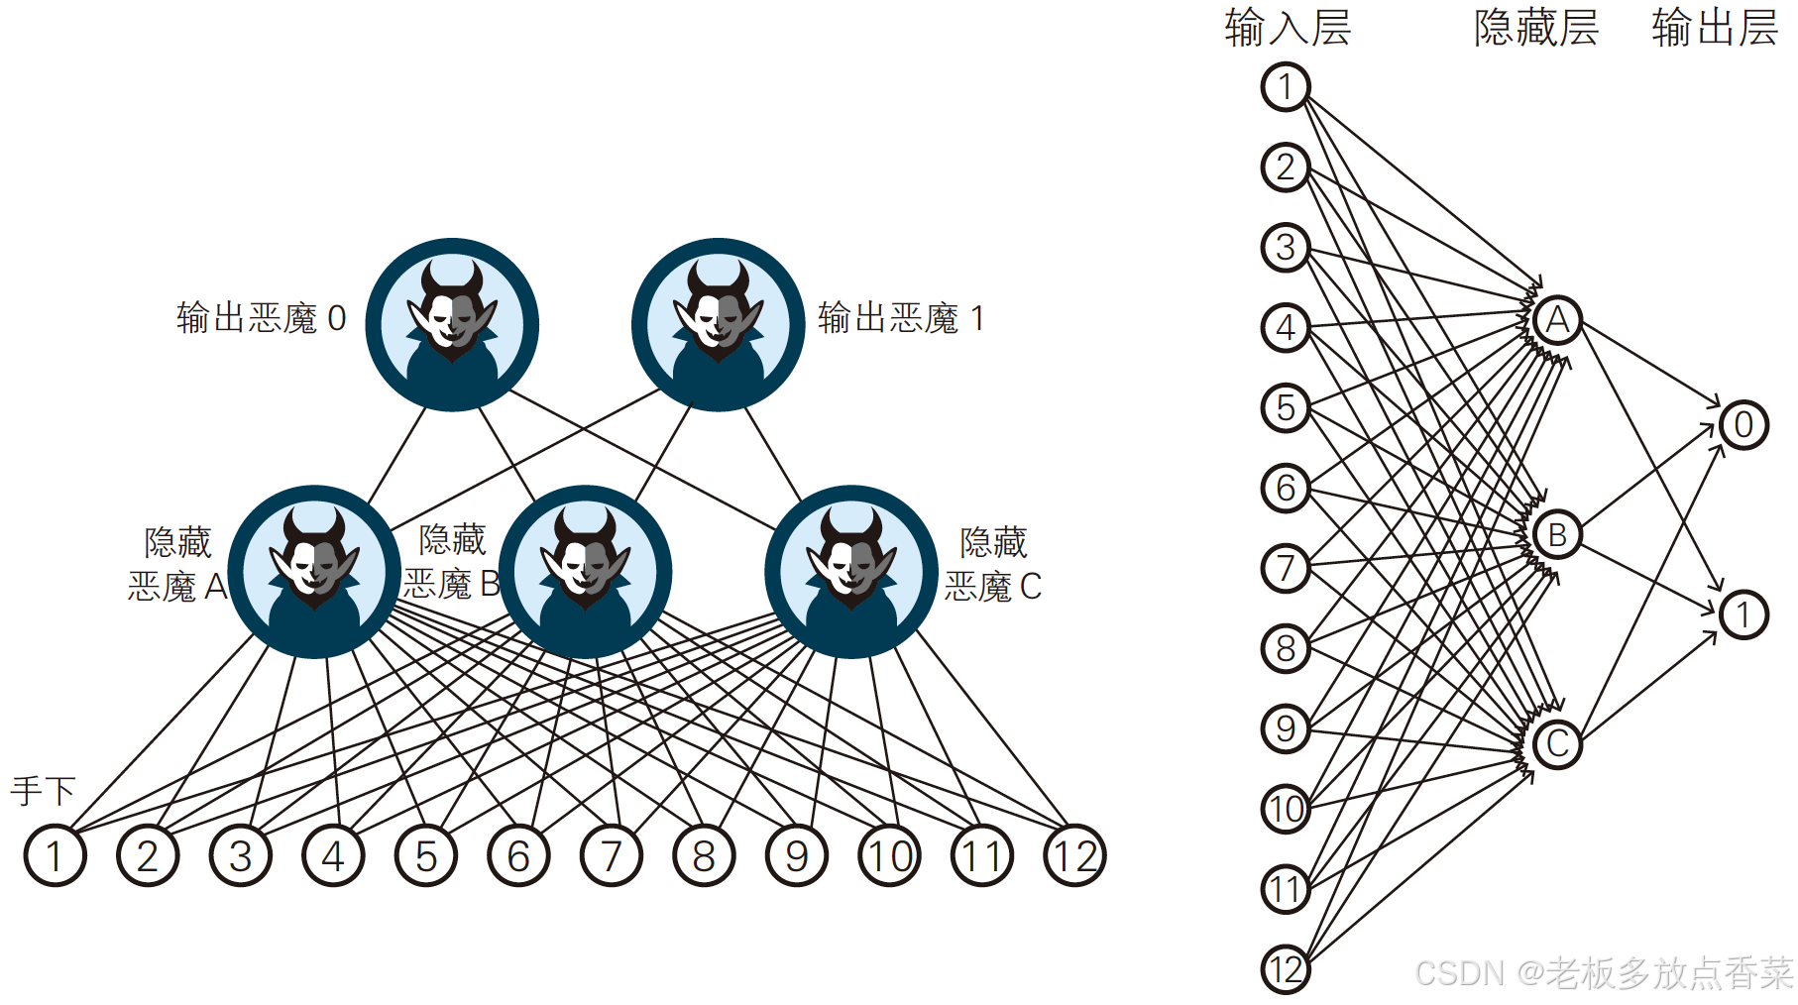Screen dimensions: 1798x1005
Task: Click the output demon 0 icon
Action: coord(452,324)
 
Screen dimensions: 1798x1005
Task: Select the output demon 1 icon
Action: coord(718,324)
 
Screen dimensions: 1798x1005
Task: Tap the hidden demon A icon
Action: coord(314,572)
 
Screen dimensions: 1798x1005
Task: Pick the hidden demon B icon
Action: coord(585,572)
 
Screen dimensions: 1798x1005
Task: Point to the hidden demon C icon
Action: coord(850,572)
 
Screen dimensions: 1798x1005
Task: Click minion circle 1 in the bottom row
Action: coord(55,855)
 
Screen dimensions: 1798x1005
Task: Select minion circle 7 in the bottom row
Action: coord(612,855)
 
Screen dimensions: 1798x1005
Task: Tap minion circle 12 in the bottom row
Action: coord(1074,855)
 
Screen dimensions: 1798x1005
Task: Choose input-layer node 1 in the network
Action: coord(1286,86)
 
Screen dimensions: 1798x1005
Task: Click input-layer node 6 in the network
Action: coord(1286,488)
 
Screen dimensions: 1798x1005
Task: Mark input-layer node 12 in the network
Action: coord(1286,969)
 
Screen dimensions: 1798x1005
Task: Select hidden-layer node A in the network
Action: coord(1557,320)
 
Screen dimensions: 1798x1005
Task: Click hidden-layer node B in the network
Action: coord(1557,535)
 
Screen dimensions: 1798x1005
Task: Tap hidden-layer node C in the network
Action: coord(1557,743)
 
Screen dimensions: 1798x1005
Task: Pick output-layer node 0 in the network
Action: coord(1743,425)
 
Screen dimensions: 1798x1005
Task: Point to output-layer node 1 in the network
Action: coord(1743,614)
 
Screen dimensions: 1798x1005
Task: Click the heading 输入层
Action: coord(1288,28)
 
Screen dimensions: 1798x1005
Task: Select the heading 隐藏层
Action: coord(1536,28)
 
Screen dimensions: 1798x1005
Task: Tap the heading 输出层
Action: coord(1714,28)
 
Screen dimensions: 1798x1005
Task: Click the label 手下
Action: coord(44,791)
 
